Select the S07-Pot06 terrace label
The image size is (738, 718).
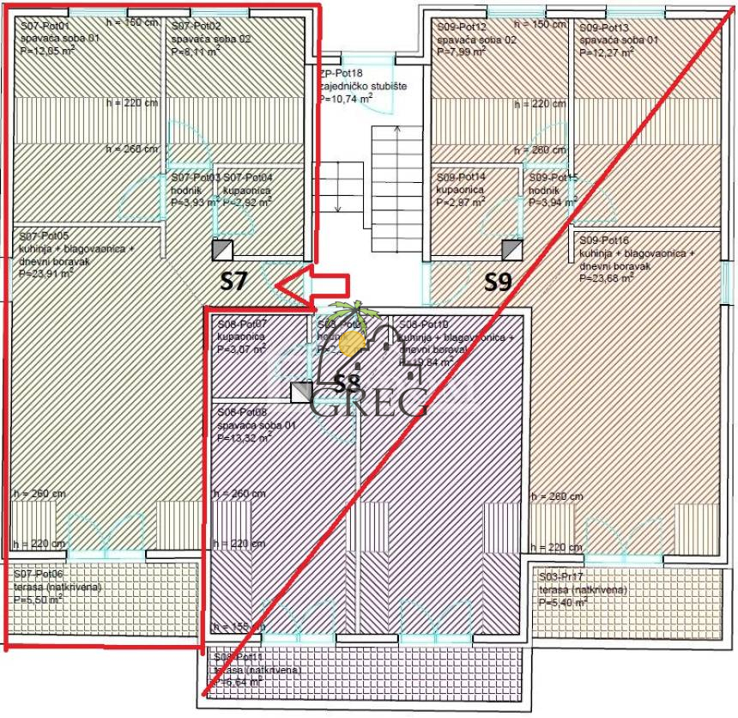[x=39, y=575]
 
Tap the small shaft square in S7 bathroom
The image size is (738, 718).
[x=221, y=250]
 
